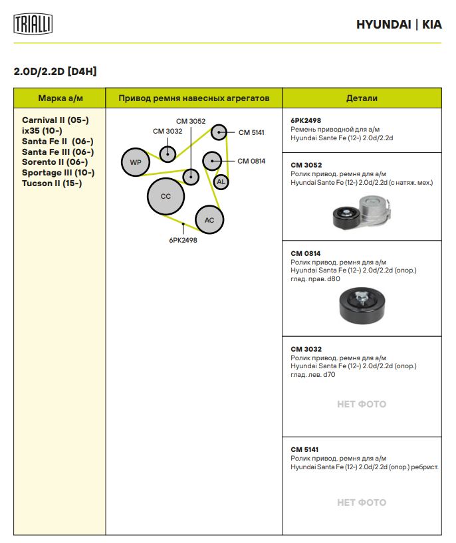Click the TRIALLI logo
tap(33, 25)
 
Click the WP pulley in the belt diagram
tap(136, 162)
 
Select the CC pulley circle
tap(166, 196)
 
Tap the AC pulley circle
tap(209, 220)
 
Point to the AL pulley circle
tap(221, 181)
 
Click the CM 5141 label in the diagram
tap(251, 132)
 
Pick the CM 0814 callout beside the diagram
tap(251, 161)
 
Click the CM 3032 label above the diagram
tap(168, 131)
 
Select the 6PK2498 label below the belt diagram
tap(183, 241)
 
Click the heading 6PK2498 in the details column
tap(306, 121)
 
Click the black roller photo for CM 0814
tap(360, 308)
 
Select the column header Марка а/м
tap(60, 98)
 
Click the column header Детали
tap(362, 98)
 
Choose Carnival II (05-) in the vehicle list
tap(55, 120)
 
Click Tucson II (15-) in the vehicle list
tap(52, 183)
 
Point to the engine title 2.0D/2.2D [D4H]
tap(55, 71)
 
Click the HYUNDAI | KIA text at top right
tap(399, 25)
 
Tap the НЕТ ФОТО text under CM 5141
tap(362, 502)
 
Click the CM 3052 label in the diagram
tap(191, 121)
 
